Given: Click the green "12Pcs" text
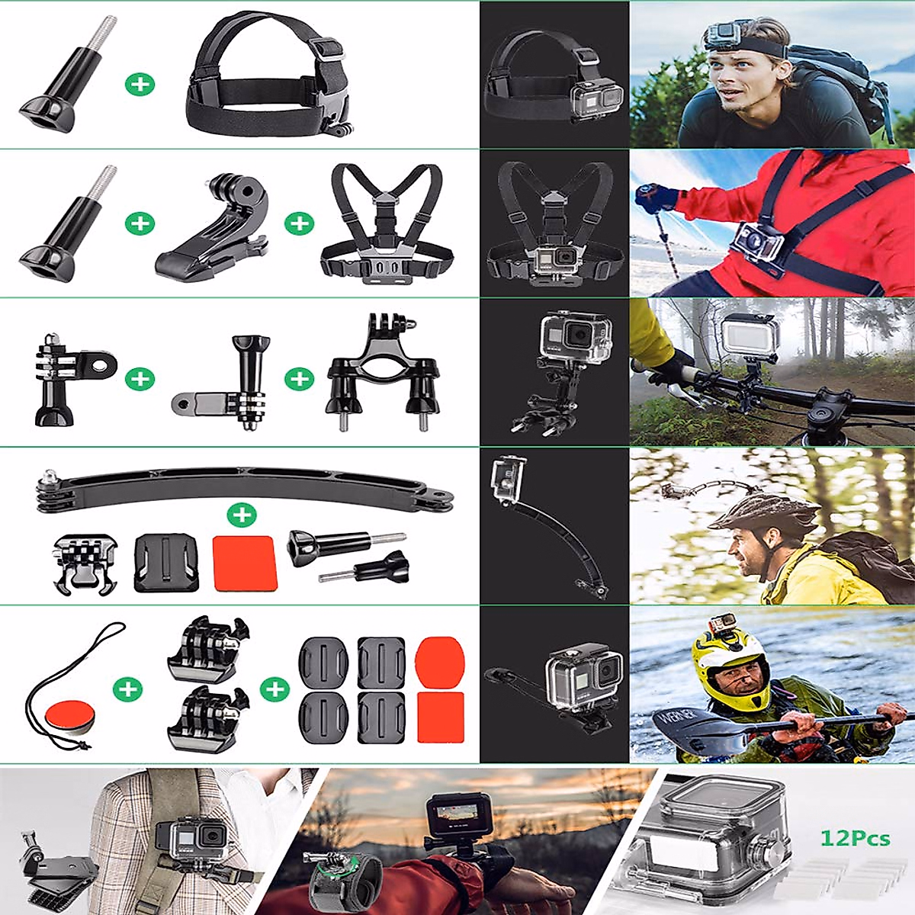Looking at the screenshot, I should tap(855, 839).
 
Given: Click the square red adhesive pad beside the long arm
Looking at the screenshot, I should tap(244, 563).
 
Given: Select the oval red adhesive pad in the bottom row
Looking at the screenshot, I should tap(440, 661).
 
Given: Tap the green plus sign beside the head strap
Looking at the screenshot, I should tap(140, 83).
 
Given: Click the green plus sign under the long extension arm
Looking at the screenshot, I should tap(242, 515).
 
